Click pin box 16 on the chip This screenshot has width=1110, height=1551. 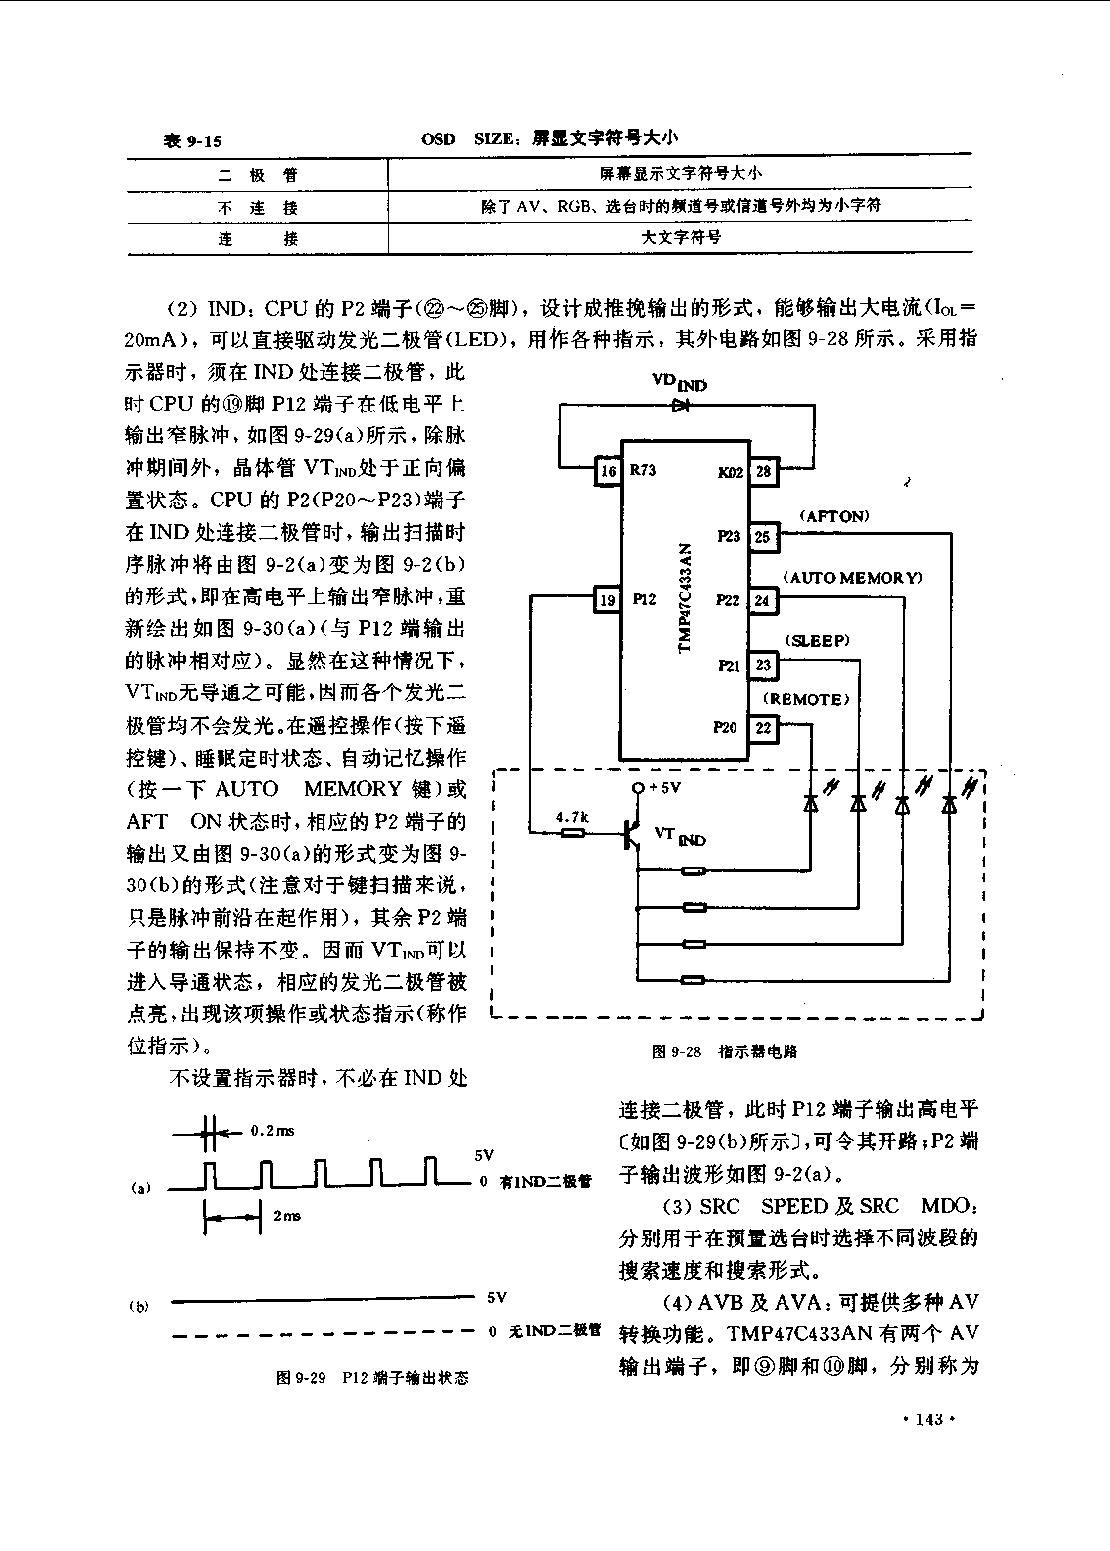[x=608, y=471]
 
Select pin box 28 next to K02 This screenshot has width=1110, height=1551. [x=763, y=471]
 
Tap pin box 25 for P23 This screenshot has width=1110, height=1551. [x=763, y=536]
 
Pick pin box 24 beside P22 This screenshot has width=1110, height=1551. [x=763, y=600]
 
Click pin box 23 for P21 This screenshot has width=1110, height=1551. [x=763, y=665]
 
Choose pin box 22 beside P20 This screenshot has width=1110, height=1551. [x=763, y=728]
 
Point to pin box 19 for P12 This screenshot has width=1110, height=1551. [x=608, y=599]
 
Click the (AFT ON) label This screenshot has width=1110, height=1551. [x=834, y=516]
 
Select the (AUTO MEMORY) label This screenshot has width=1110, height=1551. [x=853, y=578]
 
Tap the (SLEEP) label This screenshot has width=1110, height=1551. [x=817, y=641]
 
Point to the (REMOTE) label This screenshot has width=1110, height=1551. [x=806, y=699]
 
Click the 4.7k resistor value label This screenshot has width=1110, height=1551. [x=572, y=818]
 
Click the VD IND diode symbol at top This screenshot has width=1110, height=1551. [x=682, y=406]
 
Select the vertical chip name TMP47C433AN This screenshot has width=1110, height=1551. [x=685, y=597]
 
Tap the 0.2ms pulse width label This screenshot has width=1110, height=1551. [x=272, y=1131]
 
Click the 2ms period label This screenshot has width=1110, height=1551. [x=287, y=1215]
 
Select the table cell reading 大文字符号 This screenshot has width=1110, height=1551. [x=682, y=237]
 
